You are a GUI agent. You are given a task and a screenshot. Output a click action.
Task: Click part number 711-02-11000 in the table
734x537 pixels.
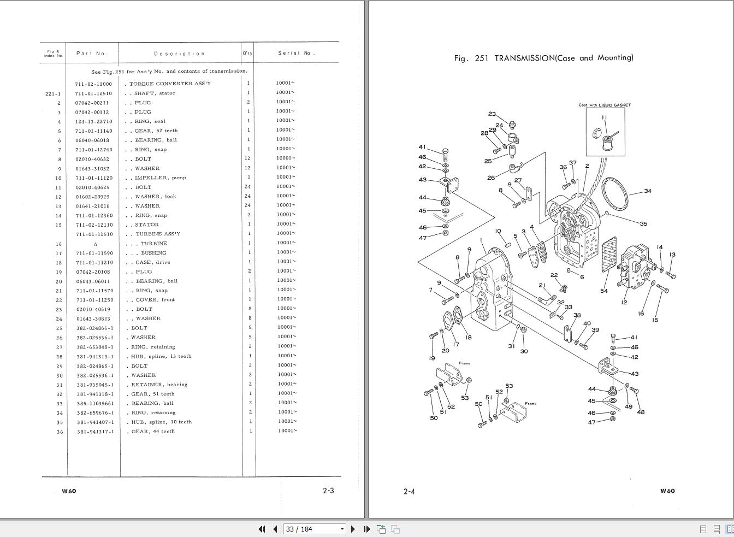(93, 84)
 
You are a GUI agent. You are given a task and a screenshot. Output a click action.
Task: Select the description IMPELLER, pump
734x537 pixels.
(160, 178)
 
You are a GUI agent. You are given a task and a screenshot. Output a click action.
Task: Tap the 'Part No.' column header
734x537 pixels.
(92, 53)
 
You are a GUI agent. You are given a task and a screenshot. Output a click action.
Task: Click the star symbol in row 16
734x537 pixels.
(96, 244)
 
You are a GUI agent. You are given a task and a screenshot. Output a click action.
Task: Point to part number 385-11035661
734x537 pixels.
(95, 404)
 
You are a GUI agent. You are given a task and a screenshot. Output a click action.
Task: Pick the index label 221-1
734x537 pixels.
(53, 94)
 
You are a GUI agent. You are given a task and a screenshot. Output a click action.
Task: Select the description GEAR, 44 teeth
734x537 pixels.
(153, 432)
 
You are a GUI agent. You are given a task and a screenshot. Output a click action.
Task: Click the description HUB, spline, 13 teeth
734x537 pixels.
(161, 356)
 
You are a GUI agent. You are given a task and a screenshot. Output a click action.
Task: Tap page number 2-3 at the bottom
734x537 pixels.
(328, 491)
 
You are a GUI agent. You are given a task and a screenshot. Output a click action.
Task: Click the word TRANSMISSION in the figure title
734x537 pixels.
(525, 58)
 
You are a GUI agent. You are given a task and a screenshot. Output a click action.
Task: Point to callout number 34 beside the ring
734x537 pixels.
(648, 191)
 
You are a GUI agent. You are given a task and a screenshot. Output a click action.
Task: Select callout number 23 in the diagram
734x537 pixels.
(492, 114)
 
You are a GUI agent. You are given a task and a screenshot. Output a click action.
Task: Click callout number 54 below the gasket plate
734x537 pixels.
(604, 291)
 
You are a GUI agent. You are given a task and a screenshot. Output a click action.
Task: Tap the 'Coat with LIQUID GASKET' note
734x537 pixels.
(605, 105)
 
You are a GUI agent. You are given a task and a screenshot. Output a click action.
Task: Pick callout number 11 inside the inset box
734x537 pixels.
(605, 117)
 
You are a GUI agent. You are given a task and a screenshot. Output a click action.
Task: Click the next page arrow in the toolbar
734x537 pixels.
(353, 529)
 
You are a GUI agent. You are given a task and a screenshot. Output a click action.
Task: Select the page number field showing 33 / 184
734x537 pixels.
(314, 529)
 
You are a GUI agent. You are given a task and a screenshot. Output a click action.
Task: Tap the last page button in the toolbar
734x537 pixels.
(366, 529)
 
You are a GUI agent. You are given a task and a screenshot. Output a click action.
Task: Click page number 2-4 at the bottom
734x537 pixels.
(409, 491)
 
